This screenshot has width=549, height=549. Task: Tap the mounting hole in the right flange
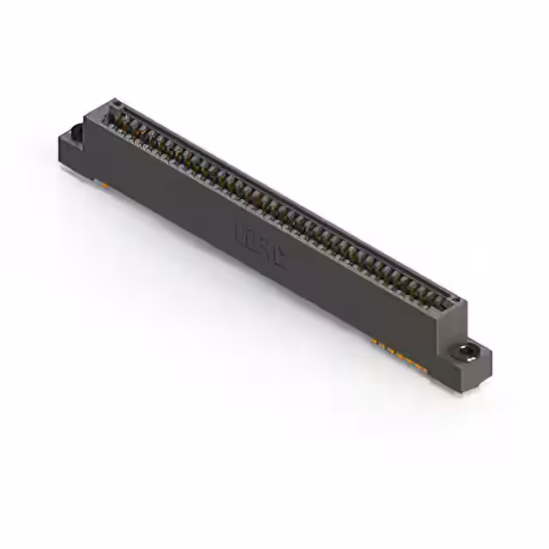465,352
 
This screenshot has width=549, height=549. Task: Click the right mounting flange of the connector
470,361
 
